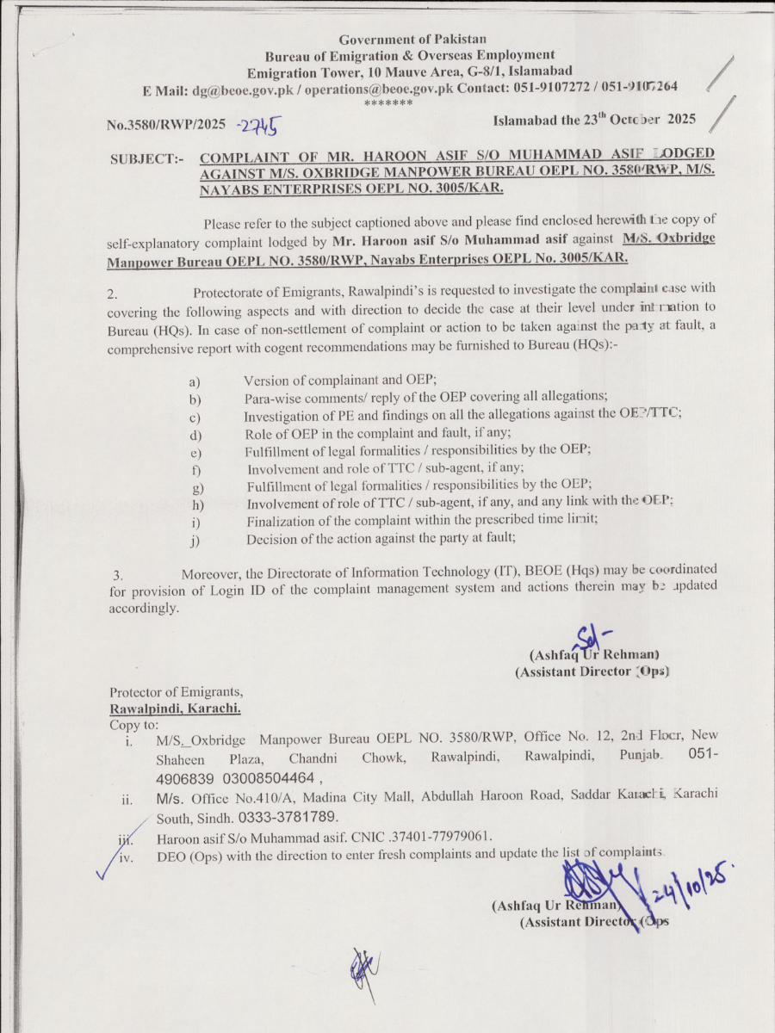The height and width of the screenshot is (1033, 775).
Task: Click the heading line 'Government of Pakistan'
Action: [x=412, y=40]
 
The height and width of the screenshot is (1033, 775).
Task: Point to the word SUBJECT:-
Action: [x=147, y=159]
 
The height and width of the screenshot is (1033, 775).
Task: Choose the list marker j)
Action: [x=196, y=541]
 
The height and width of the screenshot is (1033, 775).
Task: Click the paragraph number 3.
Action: [x=119, y=573]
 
